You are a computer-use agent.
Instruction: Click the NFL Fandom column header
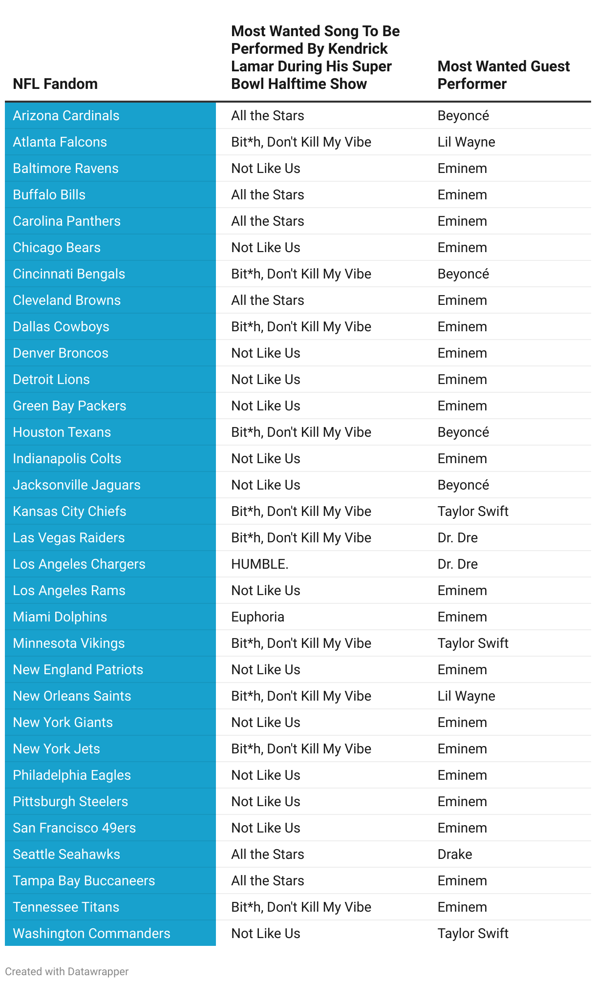pos(55,84)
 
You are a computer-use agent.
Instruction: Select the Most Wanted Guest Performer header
pos(503,75)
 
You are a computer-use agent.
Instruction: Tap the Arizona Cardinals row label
pos(66,116)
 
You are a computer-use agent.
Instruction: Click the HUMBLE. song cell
pos(260,564)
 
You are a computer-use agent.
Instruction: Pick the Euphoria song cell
pos(257,617)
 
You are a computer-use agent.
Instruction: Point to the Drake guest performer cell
pos(455,855)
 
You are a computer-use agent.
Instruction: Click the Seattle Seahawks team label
pos(66,855)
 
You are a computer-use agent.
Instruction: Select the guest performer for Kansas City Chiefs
pos(473,512)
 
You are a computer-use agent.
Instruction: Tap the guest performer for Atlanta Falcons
pos(466,142)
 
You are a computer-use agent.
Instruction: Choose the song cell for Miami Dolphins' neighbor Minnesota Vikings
pos(301,643)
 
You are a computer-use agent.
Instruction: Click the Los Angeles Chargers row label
pos(79,564)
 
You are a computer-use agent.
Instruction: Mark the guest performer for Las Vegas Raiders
pos(457,538)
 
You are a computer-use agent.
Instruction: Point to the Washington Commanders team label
pos(91,934)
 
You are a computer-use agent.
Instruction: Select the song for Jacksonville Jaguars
pos(266,485)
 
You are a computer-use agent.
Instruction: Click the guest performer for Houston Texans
pos(463,432)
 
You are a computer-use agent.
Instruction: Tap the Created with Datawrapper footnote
pos(67,972)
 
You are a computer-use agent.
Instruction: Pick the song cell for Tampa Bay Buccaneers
pos(268,881)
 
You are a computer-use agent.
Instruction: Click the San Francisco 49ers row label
pos(74,828)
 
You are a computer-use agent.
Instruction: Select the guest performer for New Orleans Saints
pos(466,696)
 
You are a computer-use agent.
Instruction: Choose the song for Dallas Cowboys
pos(301,327)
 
